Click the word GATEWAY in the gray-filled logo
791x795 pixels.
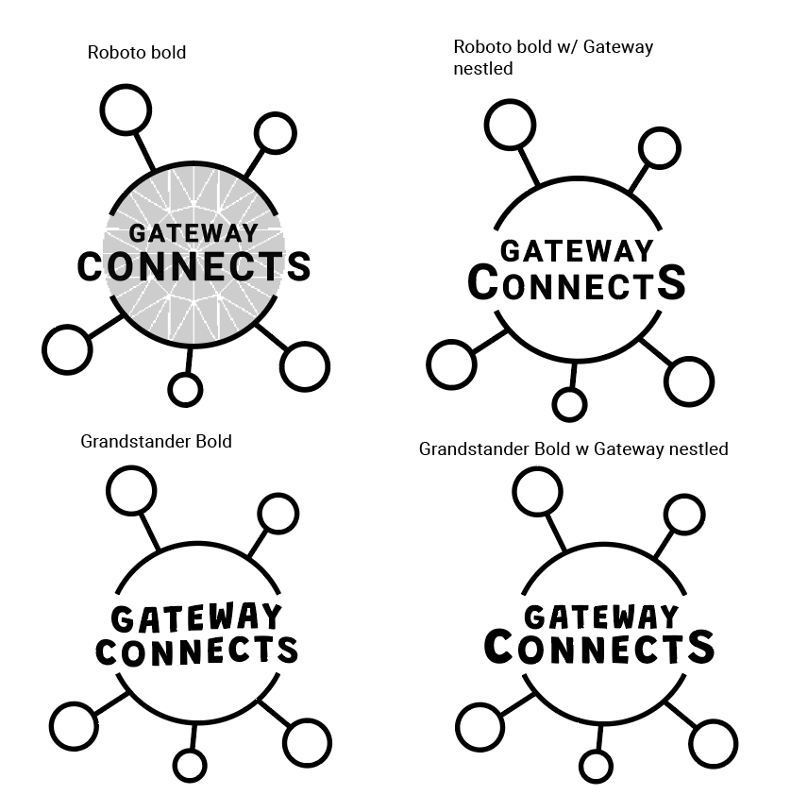pos(193,234)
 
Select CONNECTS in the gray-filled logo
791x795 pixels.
pos(194,266)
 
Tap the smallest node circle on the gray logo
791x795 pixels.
pos(185,389)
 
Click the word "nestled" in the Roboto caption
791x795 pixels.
pos(483,68)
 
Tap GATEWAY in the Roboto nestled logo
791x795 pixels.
pos(576,251)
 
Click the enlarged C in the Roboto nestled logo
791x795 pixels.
pos(482,282)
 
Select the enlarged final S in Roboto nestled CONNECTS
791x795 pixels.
pos(671,282)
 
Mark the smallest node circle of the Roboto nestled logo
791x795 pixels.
pos(568,404)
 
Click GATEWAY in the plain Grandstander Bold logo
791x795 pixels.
pos(196,618)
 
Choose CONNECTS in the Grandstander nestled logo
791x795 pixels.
pos(599,649)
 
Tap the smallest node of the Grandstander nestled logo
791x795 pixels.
pos(597,765)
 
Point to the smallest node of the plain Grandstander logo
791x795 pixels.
pos(190,766)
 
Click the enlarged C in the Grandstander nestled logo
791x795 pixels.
pos(498,647)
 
